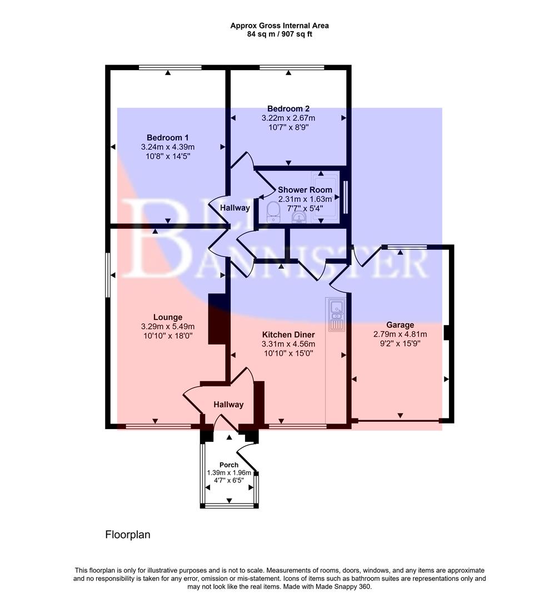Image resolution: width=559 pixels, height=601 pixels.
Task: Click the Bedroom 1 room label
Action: [168, 137]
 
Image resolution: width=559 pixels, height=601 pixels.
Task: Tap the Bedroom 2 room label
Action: [288, 109]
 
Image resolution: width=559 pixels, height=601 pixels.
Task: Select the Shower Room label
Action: [305, 190]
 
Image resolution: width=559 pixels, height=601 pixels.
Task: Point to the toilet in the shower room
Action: [272, 211]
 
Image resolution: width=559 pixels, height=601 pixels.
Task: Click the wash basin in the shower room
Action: [298, 216]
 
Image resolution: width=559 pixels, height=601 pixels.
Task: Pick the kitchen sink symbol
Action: [336, 314]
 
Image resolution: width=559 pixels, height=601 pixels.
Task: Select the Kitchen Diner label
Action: [288, 334]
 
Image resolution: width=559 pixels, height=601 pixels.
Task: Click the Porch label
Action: [229, 465]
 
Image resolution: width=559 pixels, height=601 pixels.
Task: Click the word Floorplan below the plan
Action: [128, 535]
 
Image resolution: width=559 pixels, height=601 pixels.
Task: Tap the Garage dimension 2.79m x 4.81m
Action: [400, 334]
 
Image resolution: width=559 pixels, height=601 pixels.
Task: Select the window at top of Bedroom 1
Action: [170, 68]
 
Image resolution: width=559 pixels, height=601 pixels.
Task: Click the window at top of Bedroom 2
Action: [291, 68]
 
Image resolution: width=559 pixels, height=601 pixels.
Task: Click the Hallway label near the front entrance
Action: [228, 405]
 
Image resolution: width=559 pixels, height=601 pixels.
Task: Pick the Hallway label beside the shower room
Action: [235, 208]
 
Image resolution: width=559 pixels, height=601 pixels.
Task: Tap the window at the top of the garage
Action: [407, 247]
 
